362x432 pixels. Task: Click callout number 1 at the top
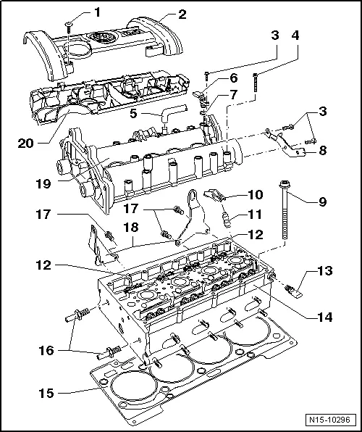tap(98, 12)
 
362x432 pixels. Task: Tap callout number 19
tap(44, 184)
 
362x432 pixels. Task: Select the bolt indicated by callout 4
tap(256, 86)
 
